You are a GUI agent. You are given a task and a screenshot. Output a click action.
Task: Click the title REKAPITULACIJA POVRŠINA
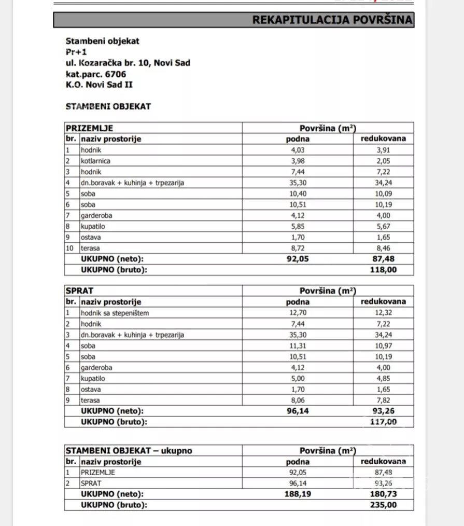(x=332, y=20)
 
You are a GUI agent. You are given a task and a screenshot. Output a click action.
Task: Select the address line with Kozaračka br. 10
(x=128, y=63)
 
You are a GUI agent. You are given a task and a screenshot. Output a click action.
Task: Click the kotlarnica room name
(x=95, y=161)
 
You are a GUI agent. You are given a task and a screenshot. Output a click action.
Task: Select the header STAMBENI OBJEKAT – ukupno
(x=129, y=451)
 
